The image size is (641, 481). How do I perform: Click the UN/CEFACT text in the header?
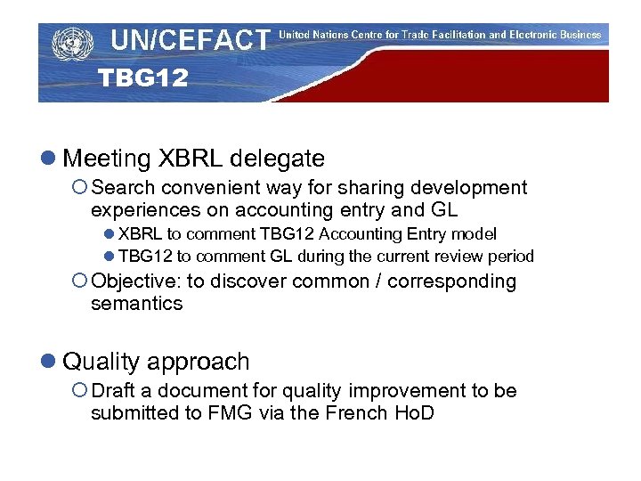coord(190,40)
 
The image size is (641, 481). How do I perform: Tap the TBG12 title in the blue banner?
coord(142,78)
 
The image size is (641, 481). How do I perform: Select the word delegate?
coord(277,159)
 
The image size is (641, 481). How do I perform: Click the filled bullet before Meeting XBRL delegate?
coord(46,159)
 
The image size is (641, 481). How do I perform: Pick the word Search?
coord(122,188)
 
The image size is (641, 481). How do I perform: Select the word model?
coord(475,234)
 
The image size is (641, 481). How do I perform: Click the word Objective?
coord(135,281)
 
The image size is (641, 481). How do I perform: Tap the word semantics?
coord(136,304)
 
